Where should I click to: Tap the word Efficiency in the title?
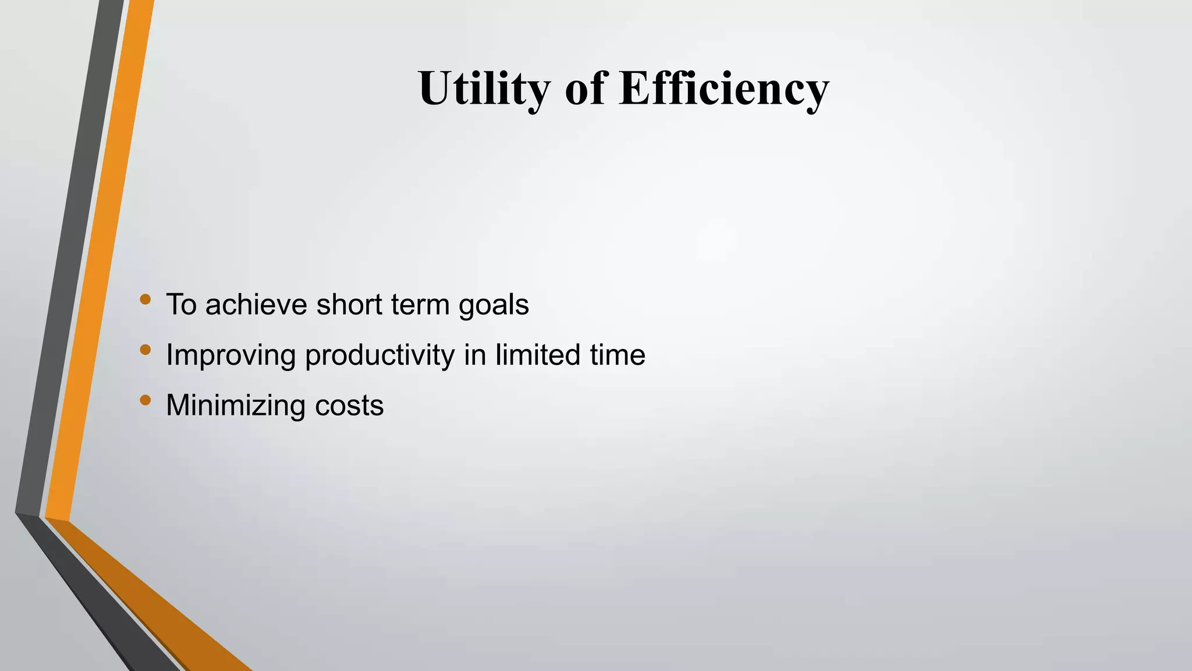tap(723, 89)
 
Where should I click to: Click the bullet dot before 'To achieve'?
tap(146, 300)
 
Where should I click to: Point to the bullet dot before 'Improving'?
tap(146, 350)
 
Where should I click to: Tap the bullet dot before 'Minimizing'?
tap(146, 400)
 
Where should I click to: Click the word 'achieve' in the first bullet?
tap(256, 305)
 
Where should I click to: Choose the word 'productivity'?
tap(379, 355)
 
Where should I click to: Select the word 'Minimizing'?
tap(235, 405)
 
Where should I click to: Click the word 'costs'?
tap(349, 405)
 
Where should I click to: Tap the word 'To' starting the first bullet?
tap(181, 305)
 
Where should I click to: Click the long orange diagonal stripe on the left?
tap(99, 262)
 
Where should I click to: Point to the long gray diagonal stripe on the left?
tap(67, 262)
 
